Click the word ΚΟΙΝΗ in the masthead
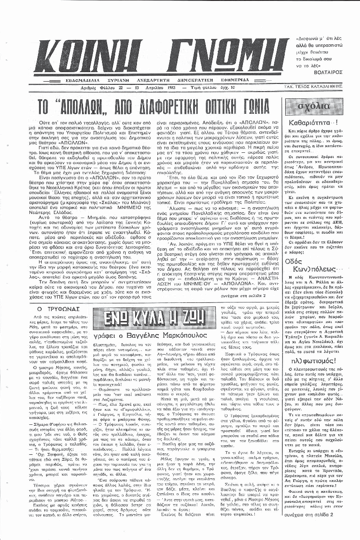click(x=86, y=53)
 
